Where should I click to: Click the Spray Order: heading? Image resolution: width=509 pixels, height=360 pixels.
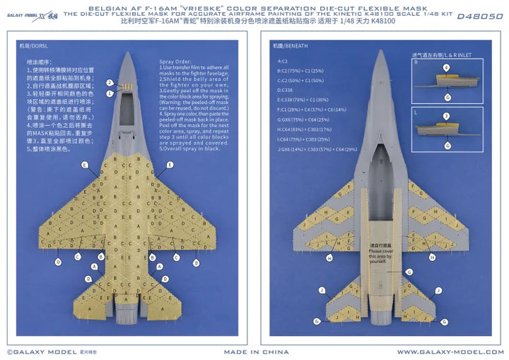coord(168,62)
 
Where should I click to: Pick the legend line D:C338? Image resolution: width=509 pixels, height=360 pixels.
coord(286,91)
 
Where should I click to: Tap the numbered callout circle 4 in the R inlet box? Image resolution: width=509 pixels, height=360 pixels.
coord(446,69)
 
